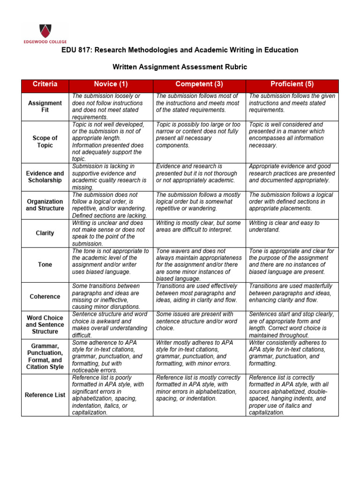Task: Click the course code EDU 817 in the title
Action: tap(78, 50)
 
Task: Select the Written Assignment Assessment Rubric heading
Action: tap(180, 67)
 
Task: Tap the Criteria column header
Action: tap(45, 84)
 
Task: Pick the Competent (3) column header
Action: tap(199, 84)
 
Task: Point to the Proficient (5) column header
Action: tap(292, 84)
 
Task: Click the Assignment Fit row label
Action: tap(45, 106)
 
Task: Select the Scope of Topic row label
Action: tap(45, 142)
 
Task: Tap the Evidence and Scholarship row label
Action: tap(45, 177)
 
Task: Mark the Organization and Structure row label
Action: tap(45, 205)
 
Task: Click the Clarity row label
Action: tap(45, 233)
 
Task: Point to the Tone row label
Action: tap(45, 265)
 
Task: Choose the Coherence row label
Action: tap(45, 296)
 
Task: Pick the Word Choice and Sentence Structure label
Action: tap(45, 324)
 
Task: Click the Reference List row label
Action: tap(45, 395)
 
